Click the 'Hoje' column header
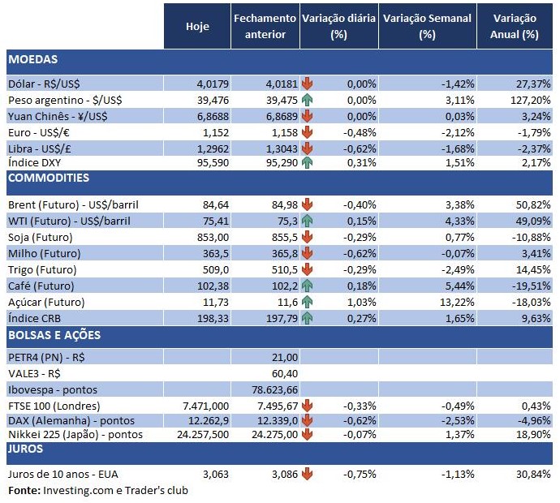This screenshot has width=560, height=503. (x=197, y=26)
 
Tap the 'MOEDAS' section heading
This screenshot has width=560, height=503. (x=32, y=59)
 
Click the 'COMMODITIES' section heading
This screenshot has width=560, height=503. (x=49, y=178)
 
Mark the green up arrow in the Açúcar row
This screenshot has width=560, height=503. (x=307, y=302)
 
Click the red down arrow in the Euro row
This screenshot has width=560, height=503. (x=307, y=131)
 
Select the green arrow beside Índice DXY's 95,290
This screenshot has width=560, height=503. (x=307, y=163)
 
